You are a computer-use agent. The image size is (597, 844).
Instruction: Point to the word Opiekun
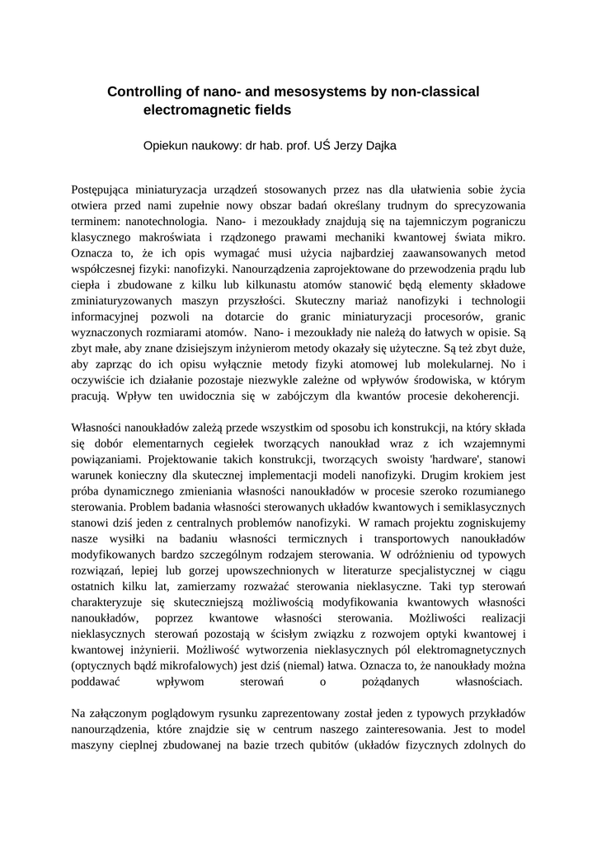tap(167, 146)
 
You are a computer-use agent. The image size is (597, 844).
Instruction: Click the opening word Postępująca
tap(105, 190)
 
